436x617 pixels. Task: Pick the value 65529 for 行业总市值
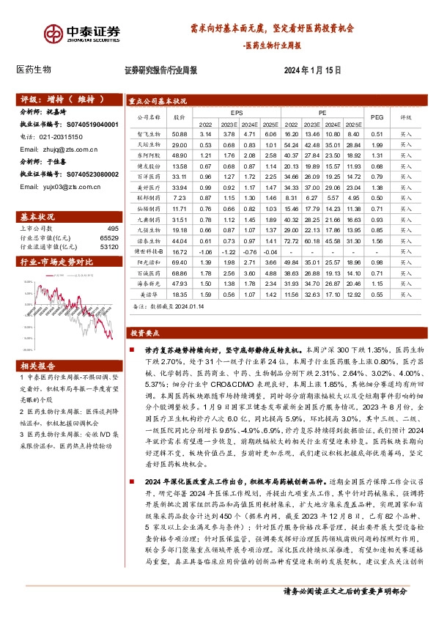point(108,239)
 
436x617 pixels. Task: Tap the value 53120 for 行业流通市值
point(108,248)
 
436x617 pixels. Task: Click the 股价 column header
point(180,116)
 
